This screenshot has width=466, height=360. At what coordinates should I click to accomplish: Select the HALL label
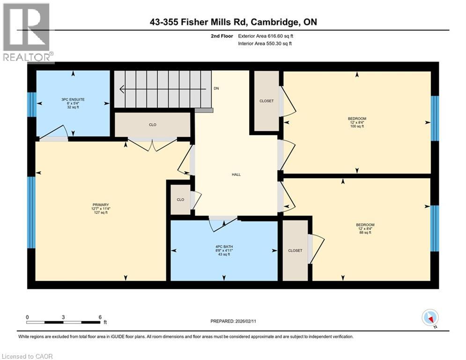pyautogui.click(x=236, y=174)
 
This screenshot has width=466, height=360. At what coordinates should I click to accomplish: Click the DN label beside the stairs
pyautogui.click(x=216, y=88)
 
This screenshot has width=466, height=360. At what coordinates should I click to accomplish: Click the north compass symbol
pyautogui.click(x=429, y=317)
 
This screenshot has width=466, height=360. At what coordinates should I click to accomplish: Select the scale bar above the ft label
pyautogui.click(x=64, y=322)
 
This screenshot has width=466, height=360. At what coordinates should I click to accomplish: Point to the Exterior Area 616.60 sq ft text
pyautogui.click(x=266, y=36)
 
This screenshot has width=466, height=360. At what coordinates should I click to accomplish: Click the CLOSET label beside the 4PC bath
pyautogui.click(x=295, y=250)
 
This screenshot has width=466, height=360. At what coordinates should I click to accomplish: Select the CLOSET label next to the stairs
pyautogui.click(x=266, y=101)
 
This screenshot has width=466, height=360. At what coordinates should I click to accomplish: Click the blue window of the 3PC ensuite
pyautogui.click(x=31, y=104)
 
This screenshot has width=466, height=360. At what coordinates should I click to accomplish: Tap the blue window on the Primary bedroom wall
pyautogui.click(x=31, y=212)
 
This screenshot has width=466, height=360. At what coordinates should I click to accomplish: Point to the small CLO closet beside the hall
pyautogui.click(x=180, y=199)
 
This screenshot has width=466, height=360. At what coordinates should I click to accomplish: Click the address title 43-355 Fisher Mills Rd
pyautogui.click(x=233, y=22)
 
